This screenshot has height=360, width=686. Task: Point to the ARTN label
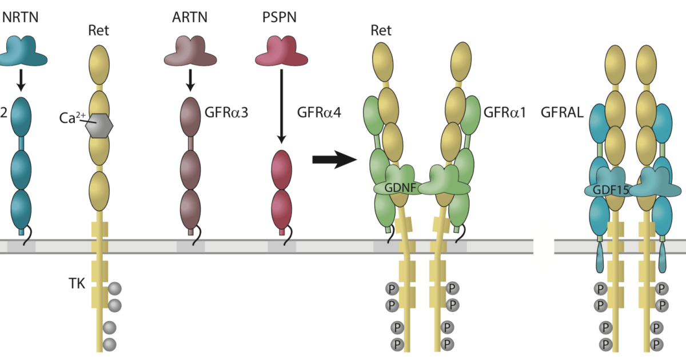click(190, 17)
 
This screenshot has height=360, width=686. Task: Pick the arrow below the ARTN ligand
click(190, 81)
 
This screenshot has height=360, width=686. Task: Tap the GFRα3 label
click(228, 113)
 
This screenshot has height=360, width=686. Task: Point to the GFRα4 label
click(320, 113)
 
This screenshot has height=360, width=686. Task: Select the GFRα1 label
click(505, 113)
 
